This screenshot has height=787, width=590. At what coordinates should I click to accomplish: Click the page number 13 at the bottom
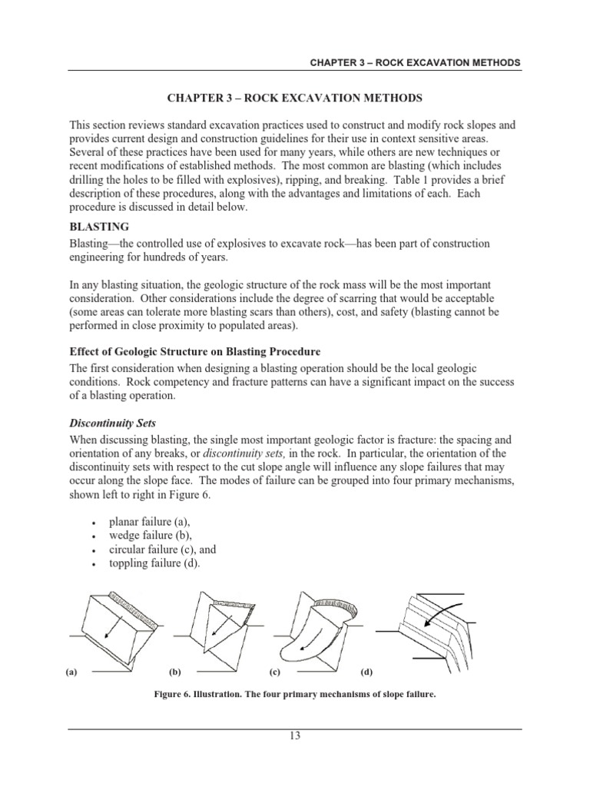pyautogui.click(x=294, y=736)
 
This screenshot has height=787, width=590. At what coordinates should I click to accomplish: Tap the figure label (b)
pyautogui.click(x=174, y=672)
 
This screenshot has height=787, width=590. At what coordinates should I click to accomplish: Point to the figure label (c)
pyautogui.click(x=274, y=672)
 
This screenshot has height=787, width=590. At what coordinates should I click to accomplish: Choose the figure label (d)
pyautogui.click(x=366, y=672)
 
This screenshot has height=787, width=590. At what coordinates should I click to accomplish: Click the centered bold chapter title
pyautogui.click(x=294, y=99)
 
